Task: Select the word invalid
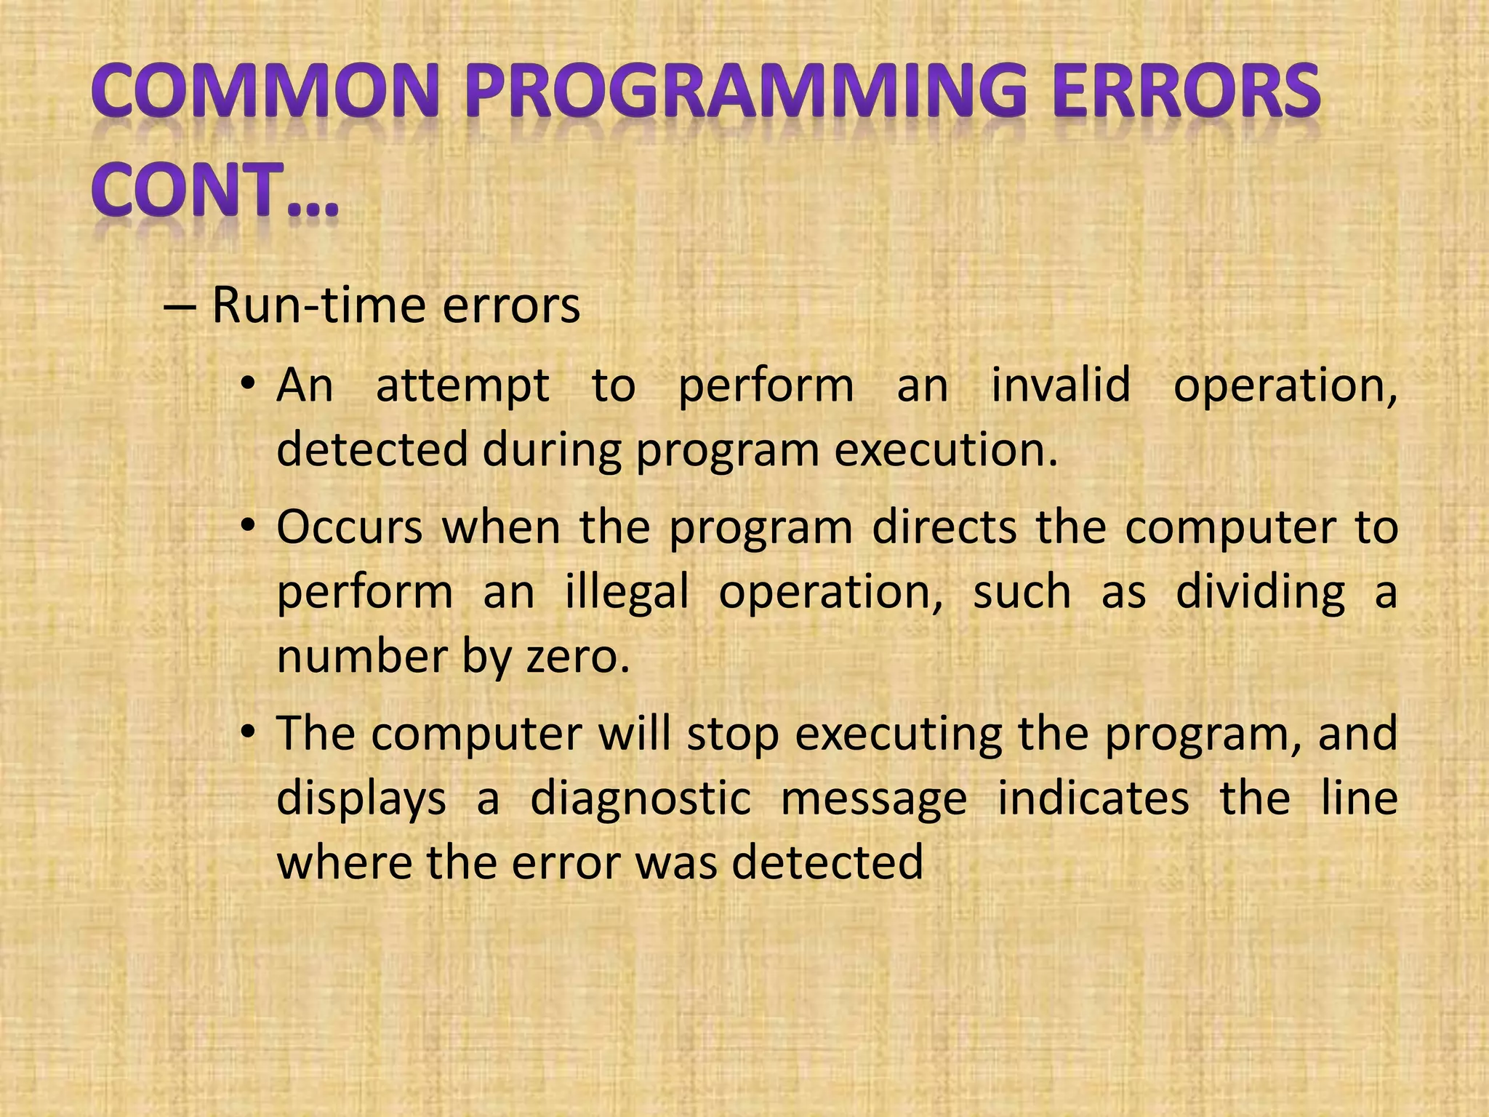tap(1061, 385)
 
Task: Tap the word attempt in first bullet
tap(462, 386)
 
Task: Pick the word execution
tap(945, 450)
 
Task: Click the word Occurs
tap(350, 527)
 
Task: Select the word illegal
tap(627, 593)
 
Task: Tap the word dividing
tap(1260, 593)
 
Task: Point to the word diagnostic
tap(641, 799)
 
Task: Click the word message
tap(873, 799)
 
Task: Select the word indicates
tap(1093, 798)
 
